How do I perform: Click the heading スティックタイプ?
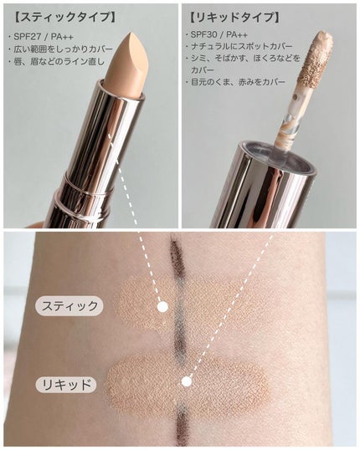[65, 18]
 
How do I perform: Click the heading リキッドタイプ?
[234, 18]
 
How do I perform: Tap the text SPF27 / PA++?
[43, 37]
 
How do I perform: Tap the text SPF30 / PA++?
[219, 35]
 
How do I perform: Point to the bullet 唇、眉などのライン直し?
[57, 61]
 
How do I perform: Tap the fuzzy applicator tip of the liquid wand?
[315, 59]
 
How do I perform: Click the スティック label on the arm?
[69, 306]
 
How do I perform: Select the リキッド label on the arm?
[65, 384]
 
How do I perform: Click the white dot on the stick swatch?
[163, 307]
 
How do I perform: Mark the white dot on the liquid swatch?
[187, 381]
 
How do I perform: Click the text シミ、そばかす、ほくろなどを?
[245, 59]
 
